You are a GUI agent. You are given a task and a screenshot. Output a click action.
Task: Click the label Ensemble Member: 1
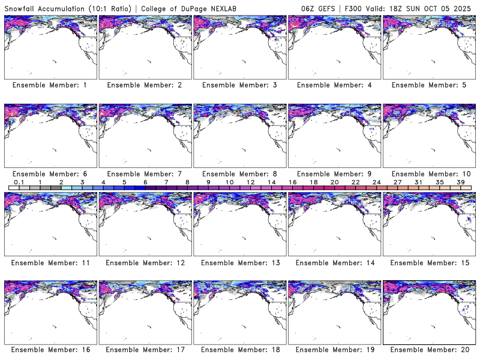click(50, 85)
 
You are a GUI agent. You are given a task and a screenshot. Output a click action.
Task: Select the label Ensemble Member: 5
click(429, 85)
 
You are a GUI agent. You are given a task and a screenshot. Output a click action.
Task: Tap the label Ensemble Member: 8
click(239, 174)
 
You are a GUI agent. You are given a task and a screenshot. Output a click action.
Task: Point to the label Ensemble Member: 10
click(429, 174)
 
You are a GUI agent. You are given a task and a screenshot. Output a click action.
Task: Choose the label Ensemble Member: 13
click(239, 262)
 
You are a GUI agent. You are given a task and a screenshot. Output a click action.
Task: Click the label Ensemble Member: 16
click(50, 349)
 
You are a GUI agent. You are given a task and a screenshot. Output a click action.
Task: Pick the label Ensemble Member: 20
click(429, 349)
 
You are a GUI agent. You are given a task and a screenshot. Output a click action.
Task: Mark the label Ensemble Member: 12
click(145, 262)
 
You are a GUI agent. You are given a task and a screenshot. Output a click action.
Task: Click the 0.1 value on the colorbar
click(19, 182)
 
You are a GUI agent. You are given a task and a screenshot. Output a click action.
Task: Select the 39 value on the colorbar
click(460, 182)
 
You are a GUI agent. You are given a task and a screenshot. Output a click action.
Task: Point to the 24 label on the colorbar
click(376, 182)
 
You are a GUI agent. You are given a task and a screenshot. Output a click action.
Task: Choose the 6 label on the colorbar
click(145, 182)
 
